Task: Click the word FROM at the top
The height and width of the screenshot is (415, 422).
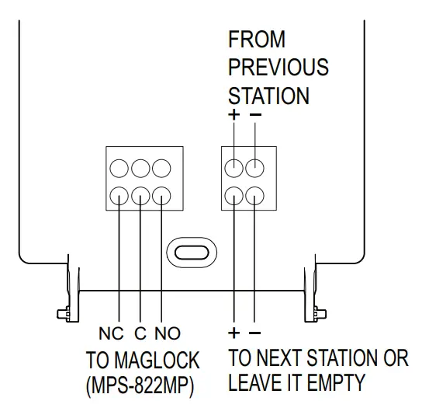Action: [257, 40]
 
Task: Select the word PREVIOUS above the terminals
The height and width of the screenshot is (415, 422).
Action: [278, 68]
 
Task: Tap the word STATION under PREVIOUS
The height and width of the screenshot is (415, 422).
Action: [268, 96]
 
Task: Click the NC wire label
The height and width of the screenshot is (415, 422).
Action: [111, 333]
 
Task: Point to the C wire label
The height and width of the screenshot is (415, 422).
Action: [140, 333]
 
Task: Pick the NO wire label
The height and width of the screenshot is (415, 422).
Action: [168, 333]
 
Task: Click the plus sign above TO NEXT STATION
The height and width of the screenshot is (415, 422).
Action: [234, 333]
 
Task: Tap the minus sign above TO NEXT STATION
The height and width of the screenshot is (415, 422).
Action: [255, 333]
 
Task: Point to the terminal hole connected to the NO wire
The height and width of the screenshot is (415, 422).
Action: [161, 194]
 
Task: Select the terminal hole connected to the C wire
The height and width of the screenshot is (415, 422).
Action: [140, 194]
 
